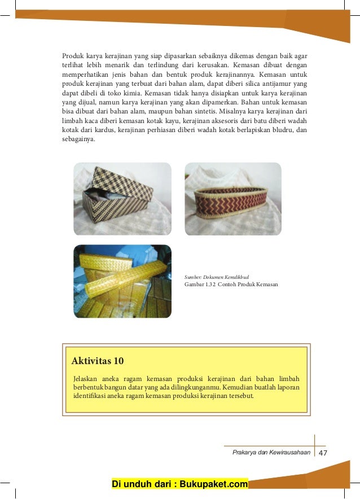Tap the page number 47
tap(323, 453)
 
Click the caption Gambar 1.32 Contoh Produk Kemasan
tap(231, 284)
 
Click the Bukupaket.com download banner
tap(180, 484)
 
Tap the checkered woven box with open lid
tap(122, 198)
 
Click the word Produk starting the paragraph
tap(72, 56)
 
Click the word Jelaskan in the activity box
tap(85, 378)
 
